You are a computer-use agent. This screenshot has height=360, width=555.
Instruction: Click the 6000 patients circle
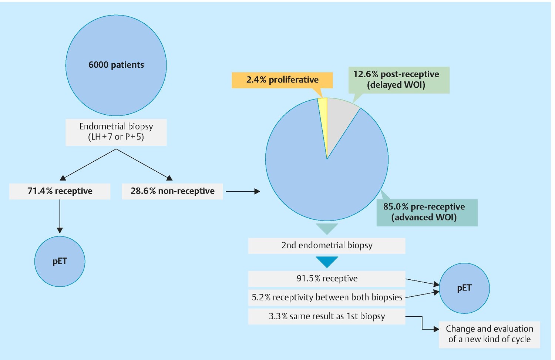pyautogui.click(x=116, y=65)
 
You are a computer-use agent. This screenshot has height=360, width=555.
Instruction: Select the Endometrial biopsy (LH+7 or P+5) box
pyautogui.click(x=116, y=132)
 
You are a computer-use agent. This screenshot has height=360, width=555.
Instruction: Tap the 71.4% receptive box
pyautogui.click(x=60, y=191)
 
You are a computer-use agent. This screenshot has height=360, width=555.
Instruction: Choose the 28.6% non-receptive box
pyautogui.click(x=172, y=191)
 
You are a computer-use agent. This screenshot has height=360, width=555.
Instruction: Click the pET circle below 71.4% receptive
pyautogui.click(x=60, y=261)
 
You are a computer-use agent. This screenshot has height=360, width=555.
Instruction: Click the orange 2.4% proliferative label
pyautogui.click(x=282, y=80)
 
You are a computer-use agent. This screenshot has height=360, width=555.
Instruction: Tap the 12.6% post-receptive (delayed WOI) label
pyautogui.click(x=399, y=80)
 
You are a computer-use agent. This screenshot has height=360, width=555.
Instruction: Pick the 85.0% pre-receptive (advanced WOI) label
pyautogui.click(x=427, y=213)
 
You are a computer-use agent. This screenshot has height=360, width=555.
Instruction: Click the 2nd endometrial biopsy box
pyautogui.click(x=327, y=246)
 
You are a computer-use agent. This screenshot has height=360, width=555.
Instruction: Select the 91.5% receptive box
pyautogui.click(x=327, y=279)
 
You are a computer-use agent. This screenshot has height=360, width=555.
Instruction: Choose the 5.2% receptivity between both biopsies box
pyautogui.click(x=327, y=297)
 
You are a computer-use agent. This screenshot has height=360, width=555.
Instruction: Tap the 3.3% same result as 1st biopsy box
pyautogui.click(x=327, y=316)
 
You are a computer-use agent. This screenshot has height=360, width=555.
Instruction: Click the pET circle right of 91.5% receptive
pyautogui.click(x=464, y=288)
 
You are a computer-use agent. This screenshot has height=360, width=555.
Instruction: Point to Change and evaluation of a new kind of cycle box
pyautogui.click(x=490, y=334)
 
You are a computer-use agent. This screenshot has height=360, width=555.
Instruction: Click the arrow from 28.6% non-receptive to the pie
pyautogui.click(x=243, y=191)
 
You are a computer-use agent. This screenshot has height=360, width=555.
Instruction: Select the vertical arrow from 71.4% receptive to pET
pyautogui.click(x=60, y=216)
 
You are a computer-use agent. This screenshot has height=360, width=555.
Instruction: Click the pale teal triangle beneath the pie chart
pyautogui.click(x=327, y=228)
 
